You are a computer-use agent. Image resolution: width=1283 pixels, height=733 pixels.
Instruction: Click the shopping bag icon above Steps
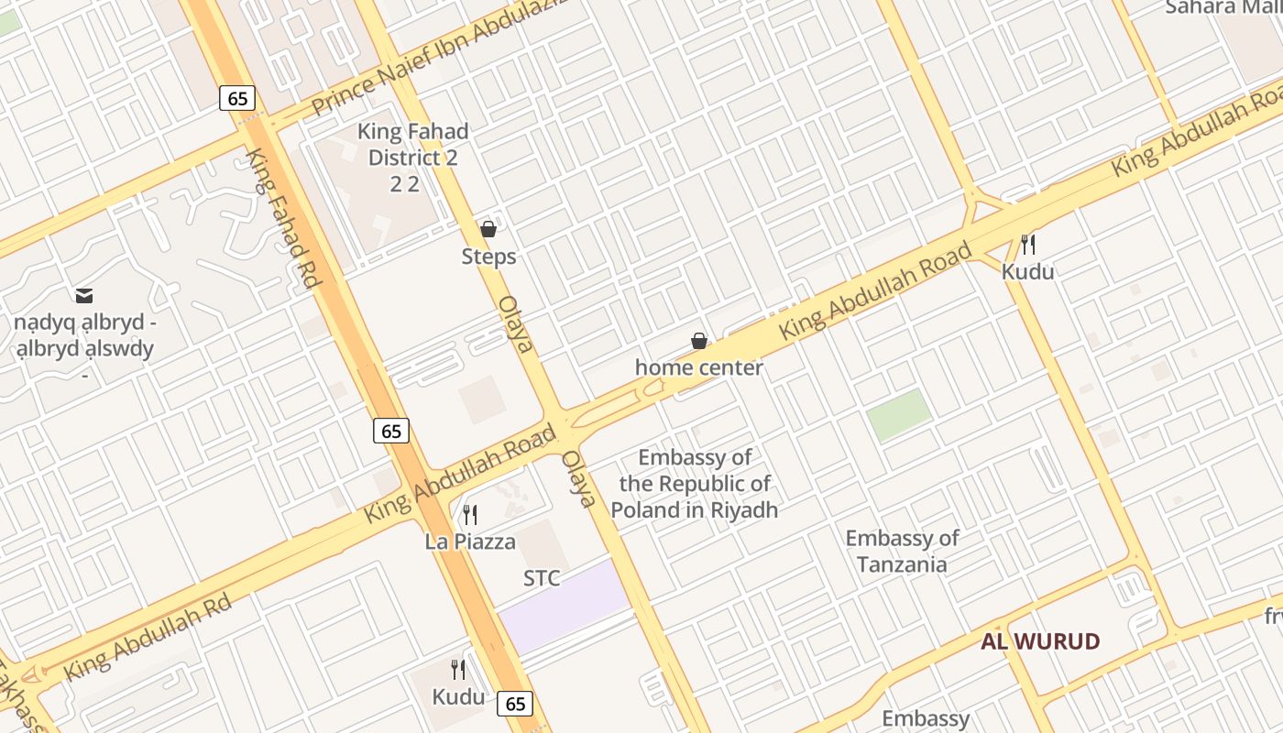click(488, 229)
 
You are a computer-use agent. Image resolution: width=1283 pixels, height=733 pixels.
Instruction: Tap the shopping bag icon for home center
click(699, 341)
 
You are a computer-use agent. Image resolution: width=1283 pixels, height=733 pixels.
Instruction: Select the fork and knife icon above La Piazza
click(470, 515)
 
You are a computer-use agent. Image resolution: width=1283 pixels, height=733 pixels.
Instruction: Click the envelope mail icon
click(84, 295)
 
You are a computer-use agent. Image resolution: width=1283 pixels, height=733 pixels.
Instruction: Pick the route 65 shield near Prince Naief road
click(237, 98)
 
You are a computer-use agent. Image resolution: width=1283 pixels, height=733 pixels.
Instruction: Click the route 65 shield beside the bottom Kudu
click(516, 703)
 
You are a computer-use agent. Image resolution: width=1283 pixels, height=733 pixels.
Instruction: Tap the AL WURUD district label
click(1040, 641)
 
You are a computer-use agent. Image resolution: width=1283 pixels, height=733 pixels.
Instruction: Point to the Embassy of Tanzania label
click(902, 551)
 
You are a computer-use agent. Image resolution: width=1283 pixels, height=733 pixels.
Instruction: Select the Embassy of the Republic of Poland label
click(695, 484)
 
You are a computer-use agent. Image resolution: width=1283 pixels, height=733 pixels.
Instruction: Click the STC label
click(542, 578)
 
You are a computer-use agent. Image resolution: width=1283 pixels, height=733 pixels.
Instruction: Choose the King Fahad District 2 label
click(412, 157)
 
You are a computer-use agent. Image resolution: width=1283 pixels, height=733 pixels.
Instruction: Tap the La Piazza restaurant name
click(470, 542)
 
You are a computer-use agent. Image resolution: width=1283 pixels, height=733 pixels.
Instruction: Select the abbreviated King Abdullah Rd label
click(147, 638)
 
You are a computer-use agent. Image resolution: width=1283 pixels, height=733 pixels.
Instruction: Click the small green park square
click(899, 414)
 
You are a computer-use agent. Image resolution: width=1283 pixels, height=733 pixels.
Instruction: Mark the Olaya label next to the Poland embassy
click(578, 478)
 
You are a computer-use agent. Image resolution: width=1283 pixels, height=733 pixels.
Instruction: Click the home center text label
click(699, 367)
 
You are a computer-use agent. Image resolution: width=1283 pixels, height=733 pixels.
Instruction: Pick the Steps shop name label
click(488, 257)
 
